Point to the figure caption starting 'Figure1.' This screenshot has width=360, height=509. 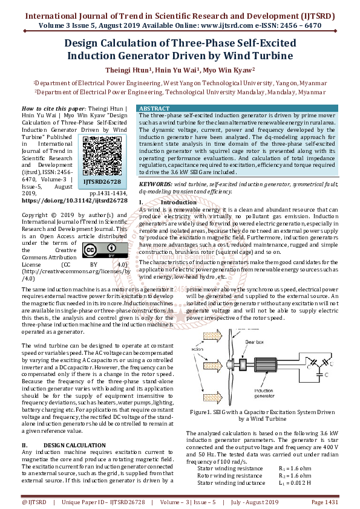tap(262, 415)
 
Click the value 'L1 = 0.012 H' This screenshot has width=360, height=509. tap(295, 483)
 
